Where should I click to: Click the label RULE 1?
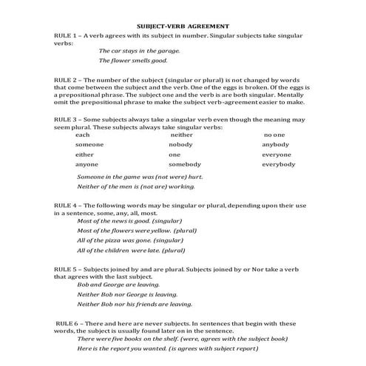point(67,35)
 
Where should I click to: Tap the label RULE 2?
point(67,78)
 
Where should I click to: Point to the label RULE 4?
point(67,205)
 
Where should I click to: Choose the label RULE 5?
point(67,269)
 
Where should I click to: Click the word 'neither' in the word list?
point(181,135)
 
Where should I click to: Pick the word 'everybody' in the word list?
point(279,164)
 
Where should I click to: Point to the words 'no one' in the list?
point(274,135)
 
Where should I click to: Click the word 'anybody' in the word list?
point(277,145)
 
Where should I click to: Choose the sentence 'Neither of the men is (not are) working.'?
point(137,187)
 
